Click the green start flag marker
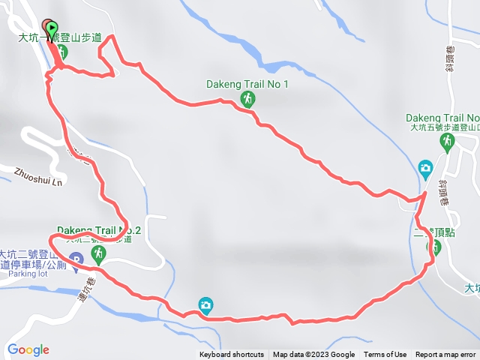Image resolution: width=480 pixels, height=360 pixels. (50, 28)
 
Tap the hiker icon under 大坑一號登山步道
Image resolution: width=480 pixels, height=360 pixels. (62, 52)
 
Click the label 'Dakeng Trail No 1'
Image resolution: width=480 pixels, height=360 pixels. (247, 84)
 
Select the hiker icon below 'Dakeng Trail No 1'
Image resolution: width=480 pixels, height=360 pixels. (247, 98)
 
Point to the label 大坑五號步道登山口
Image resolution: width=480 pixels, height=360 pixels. (442, 127)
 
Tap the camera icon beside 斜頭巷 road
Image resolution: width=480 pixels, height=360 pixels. (425, 166)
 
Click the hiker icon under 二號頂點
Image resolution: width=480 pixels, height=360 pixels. (433, 246)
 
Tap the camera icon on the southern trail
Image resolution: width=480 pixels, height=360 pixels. (205, 304)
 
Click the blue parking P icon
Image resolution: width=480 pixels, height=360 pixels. (76, 260)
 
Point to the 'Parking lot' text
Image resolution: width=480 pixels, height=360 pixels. (28, 274)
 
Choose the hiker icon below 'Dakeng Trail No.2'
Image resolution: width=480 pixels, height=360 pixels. (99, 255)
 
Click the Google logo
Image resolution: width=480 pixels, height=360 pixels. (28, 349)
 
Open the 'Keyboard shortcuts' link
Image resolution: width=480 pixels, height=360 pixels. (232, 355)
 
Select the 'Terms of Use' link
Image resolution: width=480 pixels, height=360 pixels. (385, 355)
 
